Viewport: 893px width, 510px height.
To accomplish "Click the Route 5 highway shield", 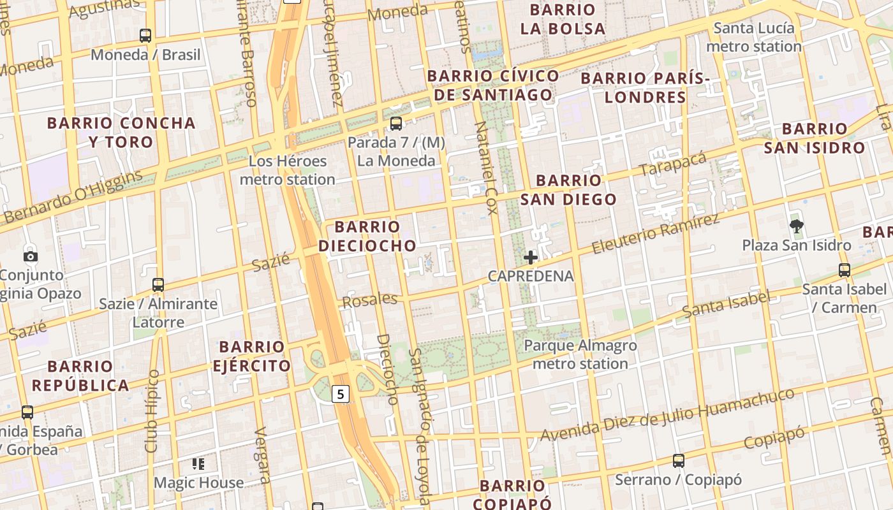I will (x=341, y=394).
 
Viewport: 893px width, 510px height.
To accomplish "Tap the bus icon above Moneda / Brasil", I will (x=145, y=36).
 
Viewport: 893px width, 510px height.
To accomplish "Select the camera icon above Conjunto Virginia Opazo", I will (x=30, y=257).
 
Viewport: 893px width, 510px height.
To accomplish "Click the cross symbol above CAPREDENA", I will (x=530, y=258).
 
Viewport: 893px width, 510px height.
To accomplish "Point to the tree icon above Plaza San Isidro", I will (x=796, y=225).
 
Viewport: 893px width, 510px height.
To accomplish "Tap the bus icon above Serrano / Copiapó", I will (x=679, y=460).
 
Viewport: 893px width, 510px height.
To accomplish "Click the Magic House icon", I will (x=198, y=463).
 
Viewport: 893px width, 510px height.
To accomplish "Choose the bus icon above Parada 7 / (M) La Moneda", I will (x=396, y=123).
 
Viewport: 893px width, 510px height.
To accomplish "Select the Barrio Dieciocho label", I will (x=367, y=236).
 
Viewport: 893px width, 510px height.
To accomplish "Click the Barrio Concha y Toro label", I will (x=121, y=132).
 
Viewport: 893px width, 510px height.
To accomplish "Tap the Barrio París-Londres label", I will (x=645, y=88).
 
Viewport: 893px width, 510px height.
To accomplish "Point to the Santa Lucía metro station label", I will (x=753, y=37).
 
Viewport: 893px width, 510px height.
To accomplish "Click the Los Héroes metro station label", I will (x=288, y=170).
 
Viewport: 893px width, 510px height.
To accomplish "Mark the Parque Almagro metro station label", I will (x=580, y=354).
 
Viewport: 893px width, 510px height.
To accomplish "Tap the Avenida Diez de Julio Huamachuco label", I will (x=668, y=415).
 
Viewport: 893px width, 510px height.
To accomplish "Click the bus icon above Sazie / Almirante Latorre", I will (x=158, y=285).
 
